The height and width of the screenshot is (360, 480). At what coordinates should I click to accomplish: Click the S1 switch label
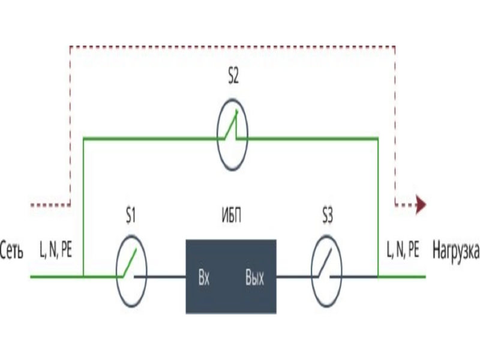pos(131,216)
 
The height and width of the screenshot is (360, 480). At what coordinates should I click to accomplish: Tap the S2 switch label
pos(233,76)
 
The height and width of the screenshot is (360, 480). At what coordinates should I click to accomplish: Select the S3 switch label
pos(327,215)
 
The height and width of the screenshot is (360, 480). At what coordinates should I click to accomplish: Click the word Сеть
pos(11,251)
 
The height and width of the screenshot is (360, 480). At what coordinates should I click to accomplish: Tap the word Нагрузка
pos(456,251)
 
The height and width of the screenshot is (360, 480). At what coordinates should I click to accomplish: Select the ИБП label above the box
pos(232,215)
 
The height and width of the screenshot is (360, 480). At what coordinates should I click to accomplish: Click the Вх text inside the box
pos(204,278)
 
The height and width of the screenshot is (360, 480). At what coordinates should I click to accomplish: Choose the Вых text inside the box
pos(254,278)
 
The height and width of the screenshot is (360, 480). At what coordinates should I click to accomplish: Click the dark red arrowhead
pos(422,204)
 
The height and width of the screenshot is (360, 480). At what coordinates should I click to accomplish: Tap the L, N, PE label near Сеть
pos(56,250)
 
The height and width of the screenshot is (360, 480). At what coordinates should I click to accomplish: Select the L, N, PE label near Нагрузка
pos(403,250)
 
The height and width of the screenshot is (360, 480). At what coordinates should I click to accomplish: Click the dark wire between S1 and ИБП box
pos(160,277)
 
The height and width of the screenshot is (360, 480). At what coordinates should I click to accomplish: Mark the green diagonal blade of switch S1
pos(130,263)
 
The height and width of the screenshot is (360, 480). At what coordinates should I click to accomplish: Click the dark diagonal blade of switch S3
pos(325,263)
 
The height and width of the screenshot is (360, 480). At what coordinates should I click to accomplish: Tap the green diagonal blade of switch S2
pos(231,125)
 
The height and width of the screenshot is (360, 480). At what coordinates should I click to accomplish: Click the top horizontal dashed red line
pos(233,47)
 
